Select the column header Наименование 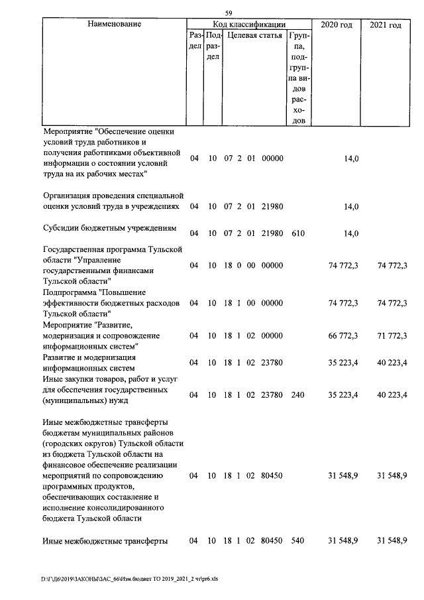pos(114,25)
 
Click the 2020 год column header pos(336,25)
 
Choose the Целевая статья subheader pos(254,35)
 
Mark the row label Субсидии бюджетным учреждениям pos(109,229)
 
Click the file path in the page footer pos(129,579)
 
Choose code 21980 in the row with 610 pos(272,233)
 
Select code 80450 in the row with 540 pos(272,541)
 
